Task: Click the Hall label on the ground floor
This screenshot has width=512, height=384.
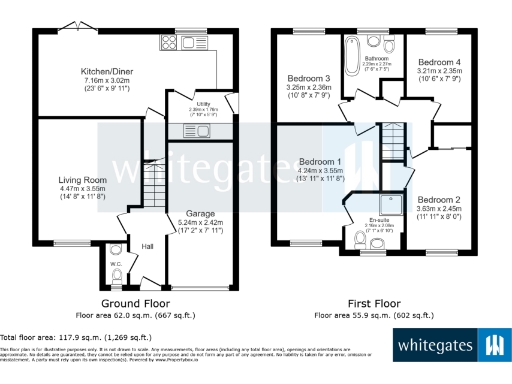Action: [x=146, y=246]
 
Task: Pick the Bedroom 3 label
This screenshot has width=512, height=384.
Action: [x=309, y=79]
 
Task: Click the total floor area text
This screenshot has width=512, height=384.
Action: [x=75, y=336]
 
